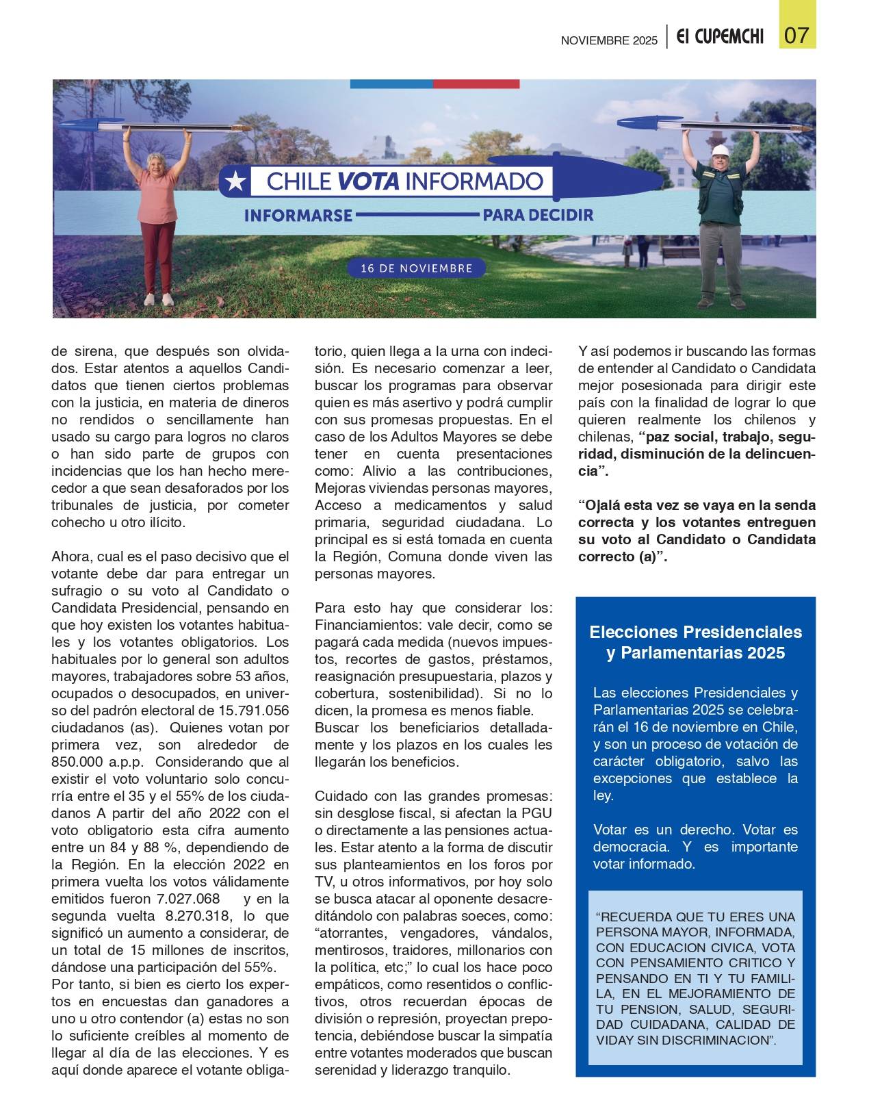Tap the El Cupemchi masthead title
point(720,38)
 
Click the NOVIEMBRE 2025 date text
point(608,40)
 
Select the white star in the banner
point(235,181)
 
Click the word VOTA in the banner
point(368,181)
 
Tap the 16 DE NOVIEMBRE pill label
point(416,268)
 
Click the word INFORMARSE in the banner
point(298,216)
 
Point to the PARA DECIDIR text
point(537,215)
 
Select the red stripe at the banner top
point(476,84)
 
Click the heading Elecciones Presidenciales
point(695,631)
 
